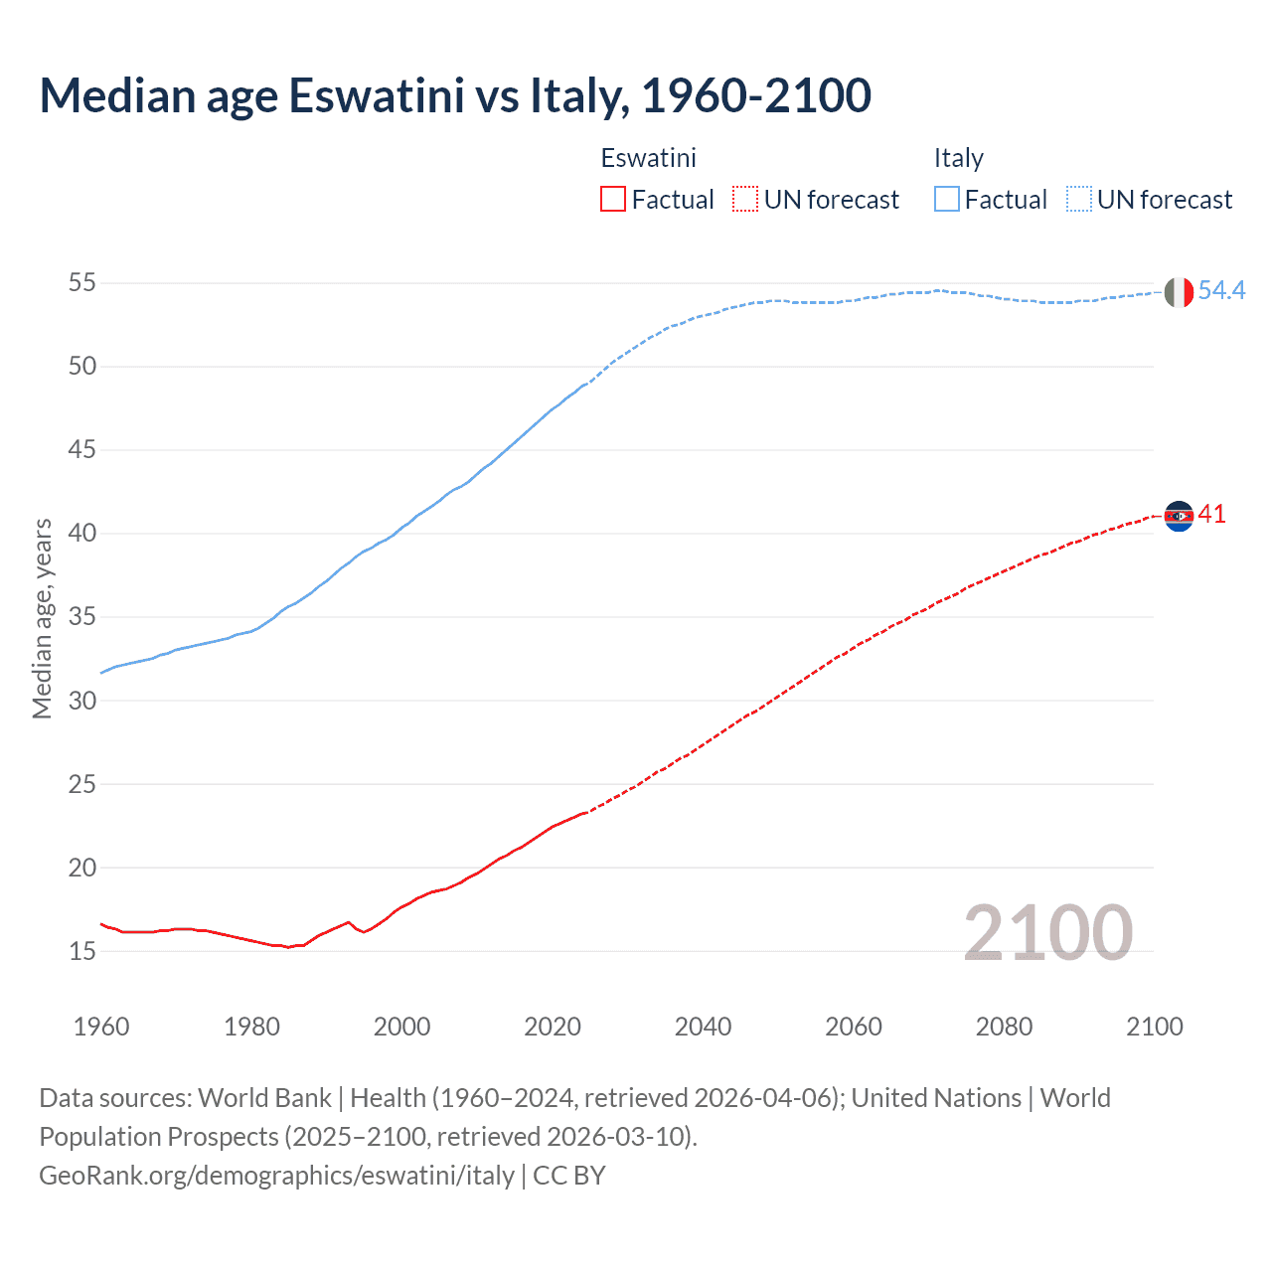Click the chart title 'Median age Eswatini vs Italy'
pyautogui.click(x=455, y=96)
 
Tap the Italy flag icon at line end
pyautogui.click(x=1179, y=292)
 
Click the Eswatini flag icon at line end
pyautogui.click(x=1179, y=516)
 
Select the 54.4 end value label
pyautogui.click(x=1221, y=290)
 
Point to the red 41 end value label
pyautogui.click(x=1212, y=514)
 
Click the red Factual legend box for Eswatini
pyautogui.click(x=613, y=200)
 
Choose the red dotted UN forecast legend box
pyautogui.click(x=744, y=200)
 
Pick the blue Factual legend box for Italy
pyautogui.click(x=946, y=200)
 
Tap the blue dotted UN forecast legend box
pyautogui.click(x=1078, y=200)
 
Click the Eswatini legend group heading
pyautogui.click(x=648, y=158)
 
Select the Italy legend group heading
pyautogui.click(x=958, y=158)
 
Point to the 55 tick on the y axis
pyautogui.click(x=82, y=283)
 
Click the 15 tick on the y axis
pyautogui.click(x=82, y=951)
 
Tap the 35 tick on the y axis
pyautogui.click(x=82, y=617)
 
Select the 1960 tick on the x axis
pyautogui.click(x=101, y=1027)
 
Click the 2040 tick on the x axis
pyautogui.click(x=703, y=1027)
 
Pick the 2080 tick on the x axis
pyautogui.click(x=1004, y=1027)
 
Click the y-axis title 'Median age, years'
pyautogui.click(x=42, y=618)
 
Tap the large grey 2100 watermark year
pyautogui.click(x=1047, y=932)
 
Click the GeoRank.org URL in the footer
pyautogui.click(x=276, y=1176)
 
